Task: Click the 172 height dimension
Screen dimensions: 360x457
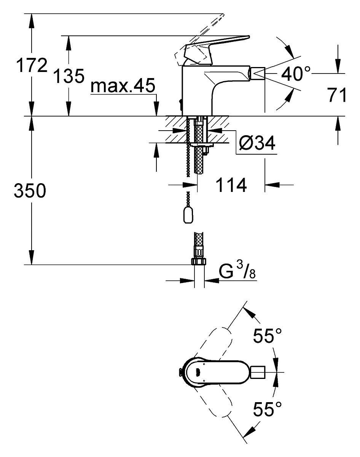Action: [x=32, y=66]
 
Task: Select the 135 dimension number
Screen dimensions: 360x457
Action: [x=69, y=76]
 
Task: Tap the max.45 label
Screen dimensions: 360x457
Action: [x=123, y=86]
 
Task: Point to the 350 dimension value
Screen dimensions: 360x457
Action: [x=30, y=190]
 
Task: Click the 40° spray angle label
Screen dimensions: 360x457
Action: [x=296, y=74]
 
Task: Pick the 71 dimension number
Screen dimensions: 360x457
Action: [x=336, y=95]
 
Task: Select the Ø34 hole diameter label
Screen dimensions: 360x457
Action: [x=257, y=142]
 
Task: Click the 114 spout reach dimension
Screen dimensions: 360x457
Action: [x=231, y=185]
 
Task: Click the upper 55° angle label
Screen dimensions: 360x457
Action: [x=267, y=336]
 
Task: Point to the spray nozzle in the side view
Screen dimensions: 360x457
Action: [x=258, y=73]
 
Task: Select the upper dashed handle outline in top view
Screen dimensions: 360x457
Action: [x=212, y=344]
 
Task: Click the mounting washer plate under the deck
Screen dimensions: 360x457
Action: [x=202, y=145]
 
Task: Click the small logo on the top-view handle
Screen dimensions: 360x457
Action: [x=198, y=371]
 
